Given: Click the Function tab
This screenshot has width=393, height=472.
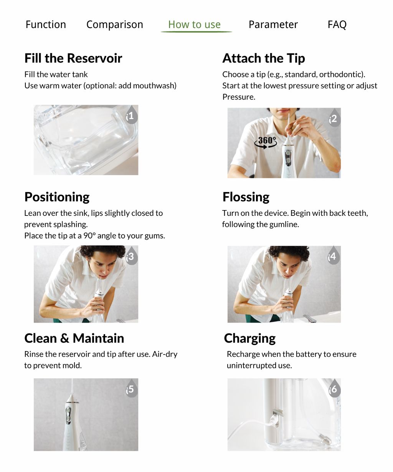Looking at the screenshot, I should pyautogui.click(x=46, y=25).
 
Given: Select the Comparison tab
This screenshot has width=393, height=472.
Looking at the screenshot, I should pyautogui.click(x=114, y=25).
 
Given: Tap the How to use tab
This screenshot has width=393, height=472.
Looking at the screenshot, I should pyautogui.click(x=194, y=25).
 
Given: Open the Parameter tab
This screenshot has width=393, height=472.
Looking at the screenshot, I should pyautogui.click(x=273, y=25).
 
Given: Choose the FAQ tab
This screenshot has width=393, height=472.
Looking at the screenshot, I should pyautogui.click(x=337, y=25).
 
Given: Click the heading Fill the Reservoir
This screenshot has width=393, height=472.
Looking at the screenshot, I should pyautogui.click(x=73, y=58).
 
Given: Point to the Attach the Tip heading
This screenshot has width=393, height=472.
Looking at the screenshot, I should pyautogui.click(x=263, y=58).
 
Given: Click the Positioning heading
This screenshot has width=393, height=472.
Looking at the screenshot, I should pyautogui.click(x=57, y=197).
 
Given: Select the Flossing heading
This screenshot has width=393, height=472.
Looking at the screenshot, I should pyautogui.click(x=246, y=197).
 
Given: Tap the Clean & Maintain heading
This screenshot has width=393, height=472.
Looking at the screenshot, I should pyautogui.click(x=74, y=338).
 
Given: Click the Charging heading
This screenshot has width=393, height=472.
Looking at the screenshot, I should pyautogui.click(x=249, y=338).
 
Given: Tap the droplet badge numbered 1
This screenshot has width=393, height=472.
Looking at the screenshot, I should pyautogui.click(x=131, y=115).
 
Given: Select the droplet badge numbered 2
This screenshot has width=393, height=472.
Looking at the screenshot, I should pyautogui.click(x=334, y=119).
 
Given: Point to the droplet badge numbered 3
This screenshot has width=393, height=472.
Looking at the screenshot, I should pyautogui.click(x=131, y=256).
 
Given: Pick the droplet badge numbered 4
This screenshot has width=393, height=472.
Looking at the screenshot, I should pyautogui.click(x=333, y=256).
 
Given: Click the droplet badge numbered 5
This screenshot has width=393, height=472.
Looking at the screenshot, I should pyautogui.click(x=131, y=389).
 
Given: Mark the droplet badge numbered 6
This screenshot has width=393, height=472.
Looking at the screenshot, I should pyautogui.click(x=334, y=389).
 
